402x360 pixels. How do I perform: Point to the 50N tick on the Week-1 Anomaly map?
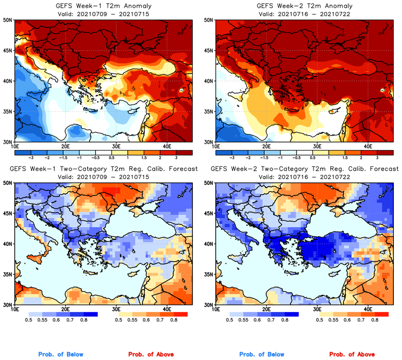point(9,20)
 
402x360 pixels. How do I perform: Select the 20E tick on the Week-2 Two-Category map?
point(266,309)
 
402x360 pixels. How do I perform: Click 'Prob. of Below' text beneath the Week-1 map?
point(60,355)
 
